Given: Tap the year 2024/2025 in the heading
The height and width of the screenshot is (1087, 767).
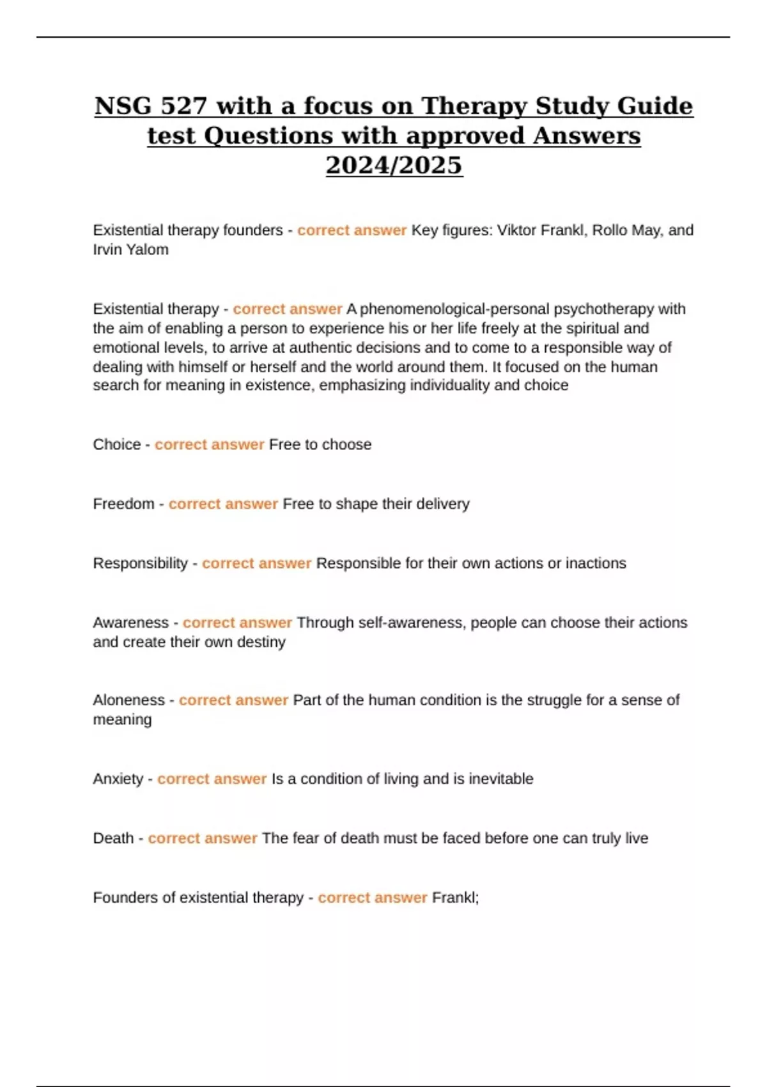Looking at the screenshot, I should [394, 166].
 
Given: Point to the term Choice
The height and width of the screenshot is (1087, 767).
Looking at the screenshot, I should [116, 445].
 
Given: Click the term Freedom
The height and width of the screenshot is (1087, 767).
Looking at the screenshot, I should [123, 504].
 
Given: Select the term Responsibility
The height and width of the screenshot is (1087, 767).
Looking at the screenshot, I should [140, 564].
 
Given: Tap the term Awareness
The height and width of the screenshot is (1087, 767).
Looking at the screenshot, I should [130, 623].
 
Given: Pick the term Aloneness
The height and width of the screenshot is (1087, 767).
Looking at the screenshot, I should [128, 701].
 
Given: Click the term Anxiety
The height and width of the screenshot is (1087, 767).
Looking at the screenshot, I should [118, 779].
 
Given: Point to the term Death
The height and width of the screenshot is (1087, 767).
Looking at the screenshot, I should [112, 839].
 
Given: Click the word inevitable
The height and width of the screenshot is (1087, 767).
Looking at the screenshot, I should [501, 779].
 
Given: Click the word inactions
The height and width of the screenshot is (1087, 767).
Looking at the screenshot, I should [596, 564].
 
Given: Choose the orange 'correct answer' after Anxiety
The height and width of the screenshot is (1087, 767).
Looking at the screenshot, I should [212, 779].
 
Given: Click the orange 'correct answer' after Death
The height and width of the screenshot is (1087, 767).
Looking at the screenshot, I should [202, 839].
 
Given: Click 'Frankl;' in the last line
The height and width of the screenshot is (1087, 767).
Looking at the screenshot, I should [455, 898].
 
